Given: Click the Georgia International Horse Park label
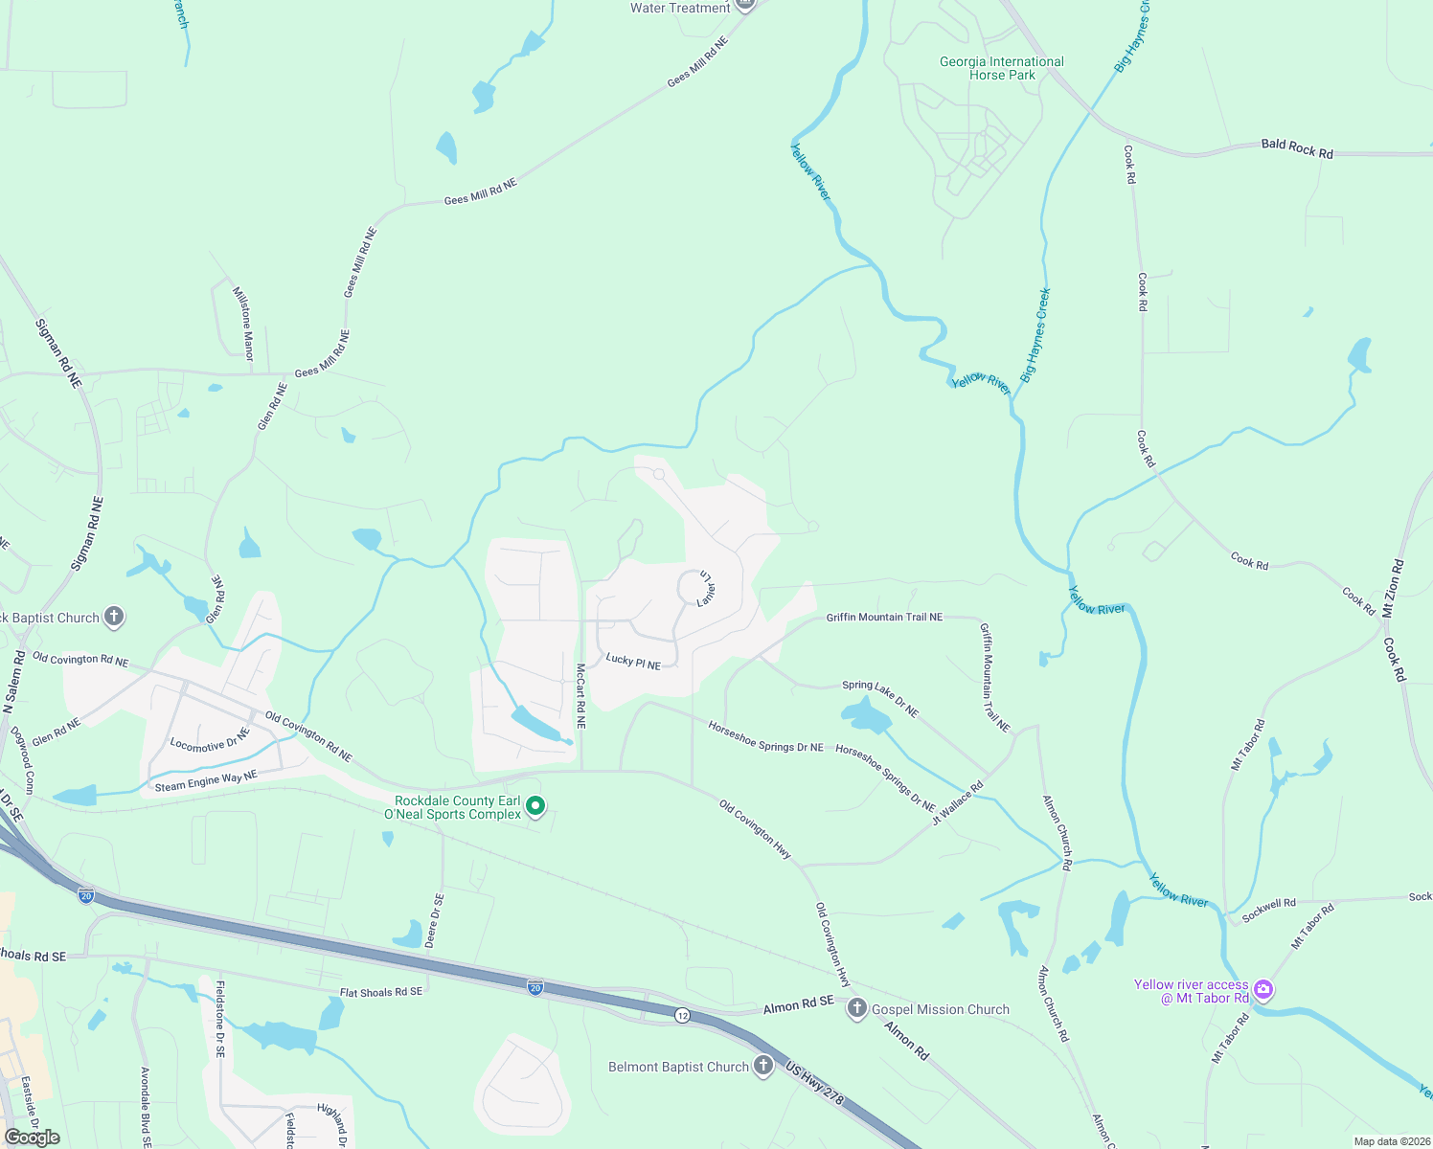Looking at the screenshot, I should [1001, 68].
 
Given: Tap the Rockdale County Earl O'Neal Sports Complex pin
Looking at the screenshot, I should [536, 807].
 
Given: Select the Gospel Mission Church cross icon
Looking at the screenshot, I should [857, 1009].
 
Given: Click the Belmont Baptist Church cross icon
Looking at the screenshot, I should [762, 1066].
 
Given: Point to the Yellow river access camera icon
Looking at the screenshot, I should [1263, 990].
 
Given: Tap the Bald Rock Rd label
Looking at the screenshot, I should [1297, 148].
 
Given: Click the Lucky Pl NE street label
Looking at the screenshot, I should [633, 662].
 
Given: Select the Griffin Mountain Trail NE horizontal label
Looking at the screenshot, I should [884, 618].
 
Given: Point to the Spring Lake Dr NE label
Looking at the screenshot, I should [880, 698].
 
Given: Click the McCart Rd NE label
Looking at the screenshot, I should [580, 696].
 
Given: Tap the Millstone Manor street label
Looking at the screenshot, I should [243, 323].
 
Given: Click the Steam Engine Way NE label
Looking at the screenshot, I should [206, 781].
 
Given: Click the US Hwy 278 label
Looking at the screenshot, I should [814, 1083].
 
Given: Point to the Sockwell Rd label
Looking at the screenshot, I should [1268, 910].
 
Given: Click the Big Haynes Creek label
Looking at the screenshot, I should [1035, 335].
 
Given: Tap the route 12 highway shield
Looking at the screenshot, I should [682, 1015].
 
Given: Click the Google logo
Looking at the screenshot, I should [33, 1138].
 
